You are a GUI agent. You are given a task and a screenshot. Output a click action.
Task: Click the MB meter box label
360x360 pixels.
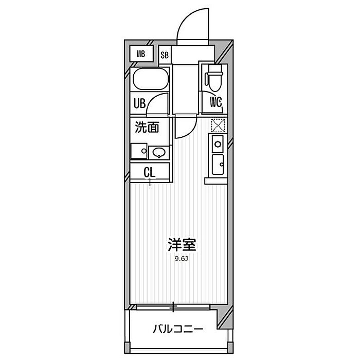pos(141,54)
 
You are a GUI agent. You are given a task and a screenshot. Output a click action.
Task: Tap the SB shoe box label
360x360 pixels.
pos(165,55)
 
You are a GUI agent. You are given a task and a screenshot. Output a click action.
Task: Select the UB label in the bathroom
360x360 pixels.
pos(139,103)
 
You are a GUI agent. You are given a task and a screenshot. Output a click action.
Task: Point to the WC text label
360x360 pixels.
pos(216,102)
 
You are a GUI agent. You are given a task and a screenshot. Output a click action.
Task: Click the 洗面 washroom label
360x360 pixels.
pos(147,127)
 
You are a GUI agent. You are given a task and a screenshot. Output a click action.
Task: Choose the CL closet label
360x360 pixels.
pos(150,172)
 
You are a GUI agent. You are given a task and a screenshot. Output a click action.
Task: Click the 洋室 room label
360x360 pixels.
pos(182,244)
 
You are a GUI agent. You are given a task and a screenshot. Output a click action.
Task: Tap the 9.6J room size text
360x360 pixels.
pos(182,259)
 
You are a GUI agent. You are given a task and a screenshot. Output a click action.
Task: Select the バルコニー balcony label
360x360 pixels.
pos(178,329)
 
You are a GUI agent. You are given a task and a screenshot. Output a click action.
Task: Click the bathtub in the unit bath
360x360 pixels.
pos(151,79)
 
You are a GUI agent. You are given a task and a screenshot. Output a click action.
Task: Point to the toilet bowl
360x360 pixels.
pos(215,79)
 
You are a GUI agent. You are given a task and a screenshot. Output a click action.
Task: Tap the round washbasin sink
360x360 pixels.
pos(159,152)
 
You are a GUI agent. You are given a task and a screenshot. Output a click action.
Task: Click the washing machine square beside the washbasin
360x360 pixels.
pos(139,151)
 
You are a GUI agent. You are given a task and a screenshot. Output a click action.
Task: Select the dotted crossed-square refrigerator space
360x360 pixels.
pos(218,125)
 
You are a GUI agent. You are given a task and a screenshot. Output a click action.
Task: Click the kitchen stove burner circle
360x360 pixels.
pos(218,144)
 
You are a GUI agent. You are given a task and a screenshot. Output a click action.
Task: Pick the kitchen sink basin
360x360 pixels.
pos(218,165)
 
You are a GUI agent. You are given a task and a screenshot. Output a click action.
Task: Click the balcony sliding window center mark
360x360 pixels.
pos(174,307)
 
